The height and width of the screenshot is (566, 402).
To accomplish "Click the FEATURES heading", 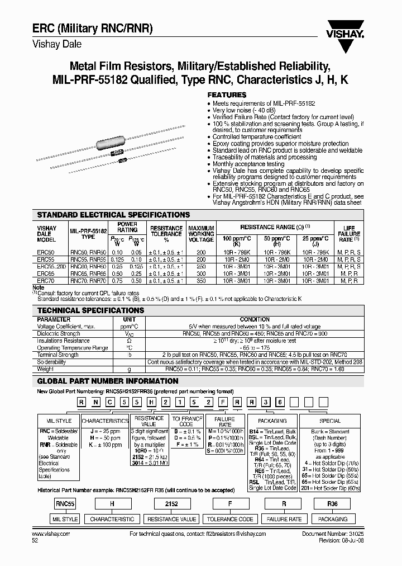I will pos(227,95).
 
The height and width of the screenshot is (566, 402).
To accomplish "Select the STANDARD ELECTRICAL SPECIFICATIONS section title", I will pos(113,215).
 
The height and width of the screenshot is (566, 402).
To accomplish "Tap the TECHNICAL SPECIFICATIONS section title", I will pos(90,310).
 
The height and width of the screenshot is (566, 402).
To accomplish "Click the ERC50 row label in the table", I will pos(46,253).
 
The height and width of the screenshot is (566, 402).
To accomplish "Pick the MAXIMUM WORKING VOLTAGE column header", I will pos(201,234).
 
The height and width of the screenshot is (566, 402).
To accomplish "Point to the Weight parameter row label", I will pos(46,369).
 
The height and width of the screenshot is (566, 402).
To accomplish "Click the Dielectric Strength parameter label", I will pos(59,333).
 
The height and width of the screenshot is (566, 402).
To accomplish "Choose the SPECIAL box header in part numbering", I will pos(330,421).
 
